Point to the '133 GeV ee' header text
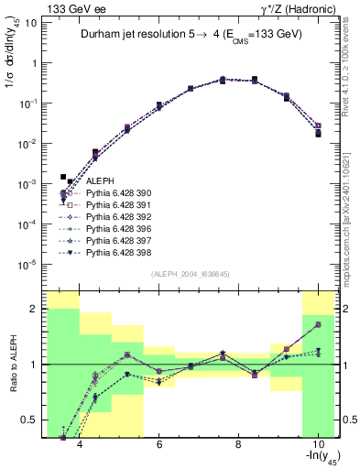point(71,8)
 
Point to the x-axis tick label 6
point(159,445)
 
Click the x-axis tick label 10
point(317,445)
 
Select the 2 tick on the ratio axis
point(35,309)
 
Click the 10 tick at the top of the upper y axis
point(32,23)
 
